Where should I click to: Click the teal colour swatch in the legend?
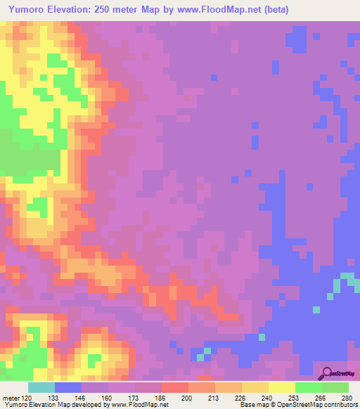pyautogui.click(x=41, y=387)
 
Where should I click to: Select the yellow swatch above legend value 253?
pyautogui.click(x=282, y=387)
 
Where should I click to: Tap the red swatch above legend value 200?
pyautogui.click(x=175, y=387)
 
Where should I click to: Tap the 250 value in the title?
pyautogui.click(x=115, y=10)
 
